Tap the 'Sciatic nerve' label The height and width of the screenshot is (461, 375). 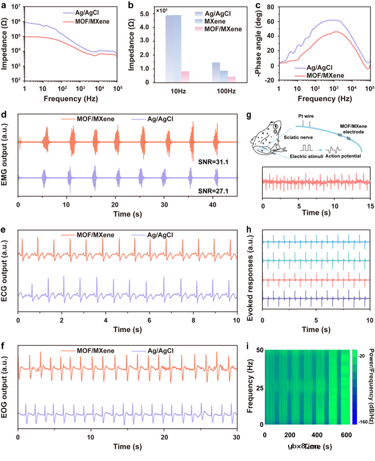pyautogui.click(x=299, y=139)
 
